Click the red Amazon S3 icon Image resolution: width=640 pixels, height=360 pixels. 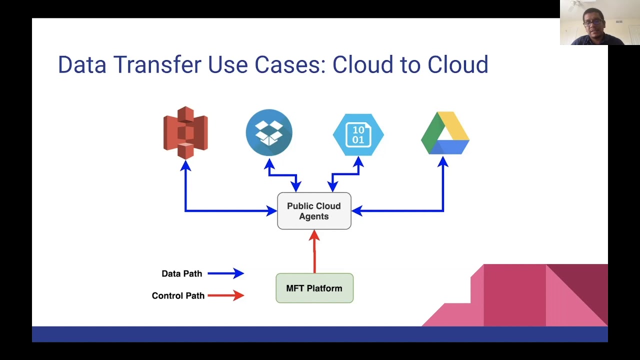pos(185,132)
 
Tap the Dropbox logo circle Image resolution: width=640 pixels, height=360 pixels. pos(269,132)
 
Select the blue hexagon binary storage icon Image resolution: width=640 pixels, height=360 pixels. pos(358,134)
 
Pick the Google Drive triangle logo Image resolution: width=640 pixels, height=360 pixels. pos(445,133)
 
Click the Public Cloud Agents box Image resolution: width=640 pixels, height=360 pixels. pos(314,211)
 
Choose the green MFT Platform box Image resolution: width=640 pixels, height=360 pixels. pos(314,288)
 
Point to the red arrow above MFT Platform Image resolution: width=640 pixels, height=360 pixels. pos(314,251)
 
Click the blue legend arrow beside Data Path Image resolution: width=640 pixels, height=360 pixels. pos(225,273)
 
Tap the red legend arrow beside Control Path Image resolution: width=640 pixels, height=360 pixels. pos(225,295)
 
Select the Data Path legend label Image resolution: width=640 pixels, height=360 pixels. pos(181,273)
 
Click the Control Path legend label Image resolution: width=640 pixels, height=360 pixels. pos(178,295)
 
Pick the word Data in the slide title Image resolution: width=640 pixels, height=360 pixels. pos(82,64)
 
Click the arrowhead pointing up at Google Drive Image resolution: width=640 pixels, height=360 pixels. pos(443,161)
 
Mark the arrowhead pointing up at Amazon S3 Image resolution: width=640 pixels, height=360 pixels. pos(185,165)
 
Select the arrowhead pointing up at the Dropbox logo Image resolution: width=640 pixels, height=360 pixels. pos(269,163)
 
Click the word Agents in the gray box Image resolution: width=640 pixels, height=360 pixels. pos(313,216)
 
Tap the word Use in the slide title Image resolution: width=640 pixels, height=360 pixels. pos(227,64)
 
